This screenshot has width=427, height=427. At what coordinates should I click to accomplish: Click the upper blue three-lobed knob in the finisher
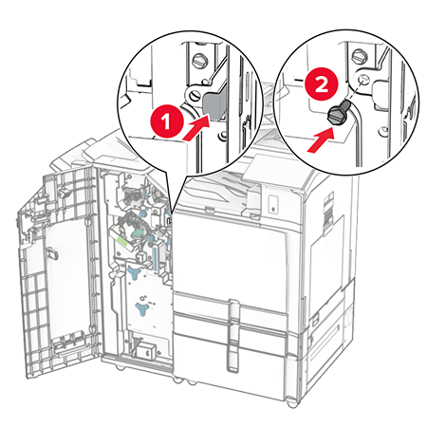click(x=138, y=271)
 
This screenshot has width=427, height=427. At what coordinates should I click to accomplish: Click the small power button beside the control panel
click(x=273, y=203)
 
